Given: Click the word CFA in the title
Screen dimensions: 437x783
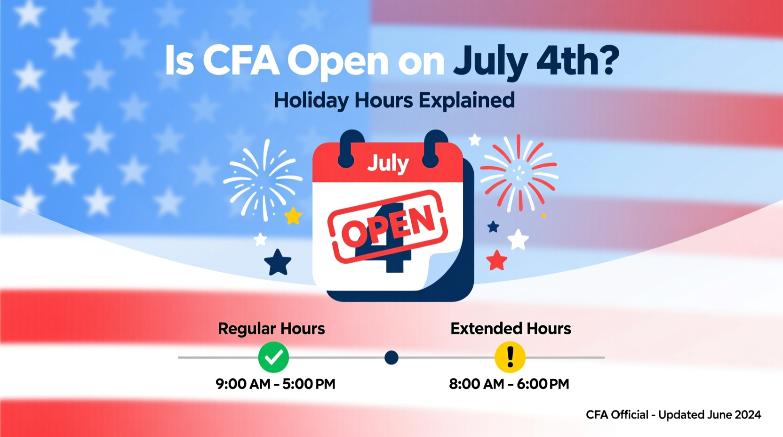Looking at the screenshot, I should tap(241, 61).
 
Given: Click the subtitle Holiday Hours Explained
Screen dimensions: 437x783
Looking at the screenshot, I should tap(394, 100).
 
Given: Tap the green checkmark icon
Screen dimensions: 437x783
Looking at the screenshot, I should tap(273, 357).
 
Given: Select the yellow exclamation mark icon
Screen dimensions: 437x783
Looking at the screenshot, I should tap(510, 357).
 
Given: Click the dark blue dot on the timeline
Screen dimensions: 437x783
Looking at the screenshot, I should tap(391, 358).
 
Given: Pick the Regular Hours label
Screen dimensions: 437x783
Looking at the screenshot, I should tap(271, 328).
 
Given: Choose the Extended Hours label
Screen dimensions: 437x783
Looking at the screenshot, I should tap(511, 328).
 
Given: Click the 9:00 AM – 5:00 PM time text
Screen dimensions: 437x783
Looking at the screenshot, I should tap(275, 384).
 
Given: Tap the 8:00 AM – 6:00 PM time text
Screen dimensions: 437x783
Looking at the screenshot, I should tap(509, 384).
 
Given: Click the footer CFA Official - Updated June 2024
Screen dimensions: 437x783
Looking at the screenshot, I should tap(673, 414).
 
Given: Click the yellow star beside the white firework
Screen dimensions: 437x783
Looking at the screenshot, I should tap(293, 216).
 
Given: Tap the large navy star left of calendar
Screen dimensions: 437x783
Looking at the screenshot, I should tap(278, 262).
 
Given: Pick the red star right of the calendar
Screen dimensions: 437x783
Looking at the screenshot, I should tap(496, 260).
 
